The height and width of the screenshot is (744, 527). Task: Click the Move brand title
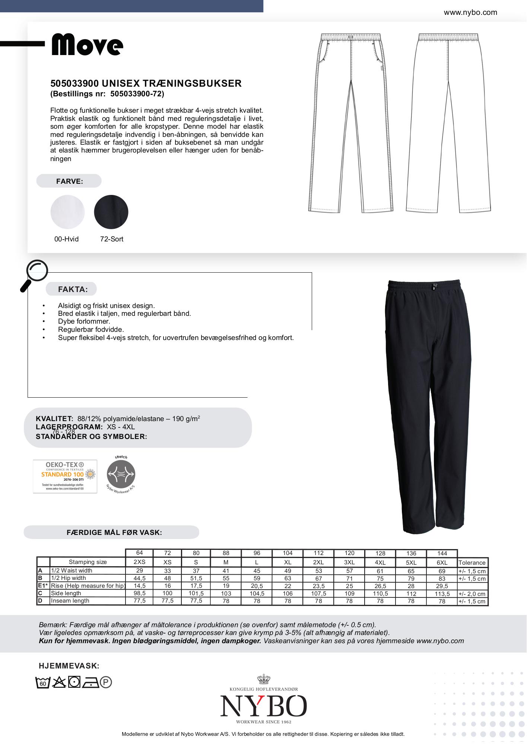pos(87,45)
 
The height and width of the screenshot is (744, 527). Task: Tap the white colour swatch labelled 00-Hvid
pos(67,212)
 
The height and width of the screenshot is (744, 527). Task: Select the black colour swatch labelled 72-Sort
pos(111,212)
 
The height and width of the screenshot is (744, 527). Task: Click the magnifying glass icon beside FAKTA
pos(35,275)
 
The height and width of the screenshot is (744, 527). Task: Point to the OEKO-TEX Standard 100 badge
pos(65,476)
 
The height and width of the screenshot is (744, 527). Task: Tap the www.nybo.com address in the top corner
pos(470,12)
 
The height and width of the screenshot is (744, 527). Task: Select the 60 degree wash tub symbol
pos(43,683)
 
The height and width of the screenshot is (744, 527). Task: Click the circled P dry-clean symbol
pos(106,683)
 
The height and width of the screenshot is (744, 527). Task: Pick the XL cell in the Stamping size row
pos(288,562)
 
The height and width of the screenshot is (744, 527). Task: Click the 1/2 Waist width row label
pos(72,570)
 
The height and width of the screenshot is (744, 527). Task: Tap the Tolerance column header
pos(472,562)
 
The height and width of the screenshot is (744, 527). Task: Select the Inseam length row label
pos(70,600)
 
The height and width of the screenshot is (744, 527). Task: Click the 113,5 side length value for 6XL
pos(442,594)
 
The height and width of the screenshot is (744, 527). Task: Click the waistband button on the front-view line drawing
pos(350,37)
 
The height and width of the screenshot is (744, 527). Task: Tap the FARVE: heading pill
pos(69,181)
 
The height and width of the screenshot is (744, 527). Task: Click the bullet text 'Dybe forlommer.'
pos(84,321)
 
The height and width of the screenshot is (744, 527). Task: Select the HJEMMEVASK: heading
pos(69,666)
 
